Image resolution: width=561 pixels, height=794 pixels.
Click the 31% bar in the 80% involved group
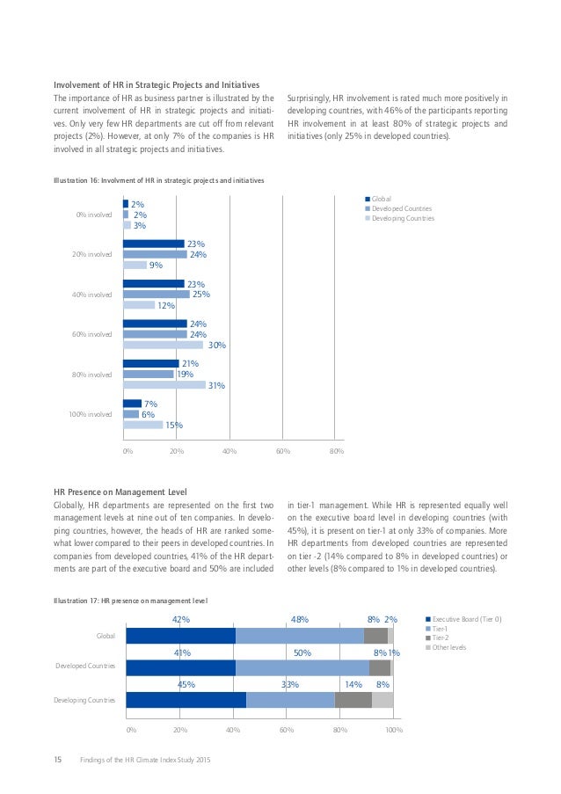click(164, 385)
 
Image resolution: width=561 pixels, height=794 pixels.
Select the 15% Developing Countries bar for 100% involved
click(142, 425)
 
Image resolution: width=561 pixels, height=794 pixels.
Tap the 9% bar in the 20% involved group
click(135, 265)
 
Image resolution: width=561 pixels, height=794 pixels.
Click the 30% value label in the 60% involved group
click(216, 346)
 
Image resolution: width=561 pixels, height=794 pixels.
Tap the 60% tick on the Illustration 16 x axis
click(283, 451)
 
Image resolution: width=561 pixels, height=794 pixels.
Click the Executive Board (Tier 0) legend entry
click(465, 619)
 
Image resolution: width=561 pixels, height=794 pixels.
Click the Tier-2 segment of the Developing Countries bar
click(353, 700)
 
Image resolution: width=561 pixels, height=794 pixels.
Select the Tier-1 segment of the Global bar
click(299, 635)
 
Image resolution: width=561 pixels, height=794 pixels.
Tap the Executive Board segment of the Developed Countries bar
click(180, 667)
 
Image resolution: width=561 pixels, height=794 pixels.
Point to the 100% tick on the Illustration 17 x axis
click(394, 729)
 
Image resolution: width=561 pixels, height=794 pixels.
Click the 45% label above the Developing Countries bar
click(186, 683)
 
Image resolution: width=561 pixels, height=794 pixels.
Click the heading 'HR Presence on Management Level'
click(120, 490)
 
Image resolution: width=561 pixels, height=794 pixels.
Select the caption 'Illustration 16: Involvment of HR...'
click(159, 179)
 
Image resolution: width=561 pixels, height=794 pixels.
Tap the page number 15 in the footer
click(58, 759)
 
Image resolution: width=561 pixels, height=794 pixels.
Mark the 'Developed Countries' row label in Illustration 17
click(84, 667)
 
